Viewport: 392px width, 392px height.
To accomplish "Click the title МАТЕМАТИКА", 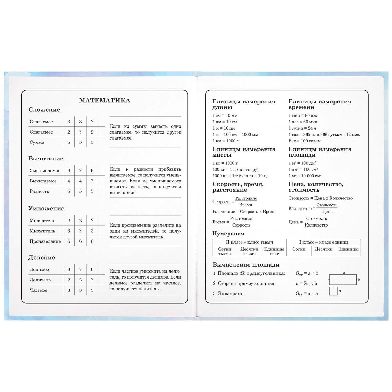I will tap(105, 100).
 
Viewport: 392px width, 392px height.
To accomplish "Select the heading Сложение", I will tap(44, 109).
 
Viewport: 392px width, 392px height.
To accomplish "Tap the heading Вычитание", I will tap(46, 158).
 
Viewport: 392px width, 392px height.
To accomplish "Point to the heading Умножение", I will tap(46, 208).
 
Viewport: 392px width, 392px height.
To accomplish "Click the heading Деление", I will tap(42, 257).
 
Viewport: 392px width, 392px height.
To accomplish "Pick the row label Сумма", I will tap(37, 142).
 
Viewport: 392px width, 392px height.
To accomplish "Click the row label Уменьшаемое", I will tap(45, 171).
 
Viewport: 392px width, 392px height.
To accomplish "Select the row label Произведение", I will tap(45, 241).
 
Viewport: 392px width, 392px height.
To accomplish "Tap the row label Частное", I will tap(38, 290).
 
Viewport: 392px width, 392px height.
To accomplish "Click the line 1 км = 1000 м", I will tap(226, 141).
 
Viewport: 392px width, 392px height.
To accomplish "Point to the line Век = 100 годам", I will tap(304, 141).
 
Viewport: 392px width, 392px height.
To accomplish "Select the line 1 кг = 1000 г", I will tap(225, 163).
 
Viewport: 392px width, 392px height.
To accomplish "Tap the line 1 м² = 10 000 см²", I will tap(305, 176).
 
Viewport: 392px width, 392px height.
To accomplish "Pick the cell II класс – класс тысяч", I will tap(249, 242).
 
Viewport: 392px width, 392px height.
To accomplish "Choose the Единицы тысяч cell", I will tap(274, 251).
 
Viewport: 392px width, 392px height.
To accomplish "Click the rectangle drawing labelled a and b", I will tap(343, 279).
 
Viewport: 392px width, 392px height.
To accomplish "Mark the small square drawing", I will tap(333, 291).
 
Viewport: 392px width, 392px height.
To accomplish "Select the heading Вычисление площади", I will tap(246, 265).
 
